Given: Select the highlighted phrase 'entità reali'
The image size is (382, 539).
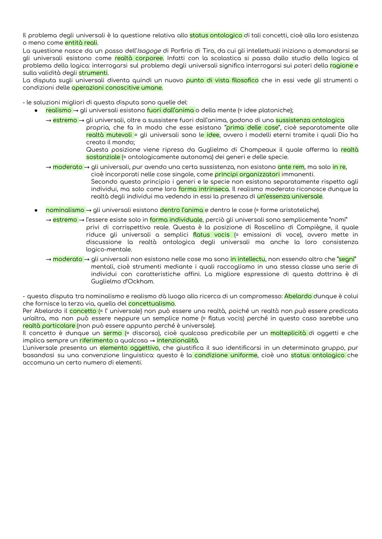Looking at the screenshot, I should pyautogui.click(x=81, y=43).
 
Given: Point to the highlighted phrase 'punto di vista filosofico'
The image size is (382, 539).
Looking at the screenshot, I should pyautogui.click(x=222, y=80).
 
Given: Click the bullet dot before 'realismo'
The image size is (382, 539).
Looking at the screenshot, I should pyautogui.click(x=36, y=110).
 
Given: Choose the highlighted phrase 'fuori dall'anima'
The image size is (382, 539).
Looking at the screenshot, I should pyautogui.click(x=170, y=110).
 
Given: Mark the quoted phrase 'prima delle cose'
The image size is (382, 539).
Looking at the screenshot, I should pyautogui.click(x=252, y=128).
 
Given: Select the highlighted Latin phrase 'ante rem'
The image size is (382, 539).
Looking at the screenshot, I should pyautogui.click(x=291, y=167).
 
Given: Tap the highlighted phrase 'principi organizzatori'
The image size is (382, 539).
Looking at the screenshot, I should pyautogui.click(x=247, y=174).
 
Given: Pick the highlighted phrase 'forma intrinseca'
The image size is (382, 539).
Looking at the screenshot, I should pyautogui.click(x=204, y=189).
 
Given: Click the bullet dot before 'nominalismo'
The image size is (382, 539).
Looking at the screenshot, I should pyautogui.click(x=36, y=210).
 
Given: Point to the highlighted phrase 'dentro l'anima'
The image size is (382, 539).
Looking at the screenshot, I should pyautogui.click(x=182, y=210).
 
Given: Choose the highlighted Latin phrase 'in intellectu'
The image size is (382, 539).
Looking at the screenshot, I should pyautogui.click(x=248, y=259).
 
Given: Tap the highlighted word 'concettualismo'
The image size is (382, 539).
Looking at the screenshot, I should pyautogui.click(x=152, y=304).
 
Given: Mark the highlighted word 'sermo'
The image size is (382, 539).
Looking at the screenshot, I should pyautogui.click(x=112, y=333).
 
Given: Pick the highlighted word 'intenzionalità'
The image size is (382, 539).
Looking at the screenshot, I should pyautogui.click(x=177, y=340).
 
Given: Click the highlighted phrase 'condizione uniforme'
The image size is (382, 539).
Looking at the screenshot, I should pyautogui.click(x=226, y=355).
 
